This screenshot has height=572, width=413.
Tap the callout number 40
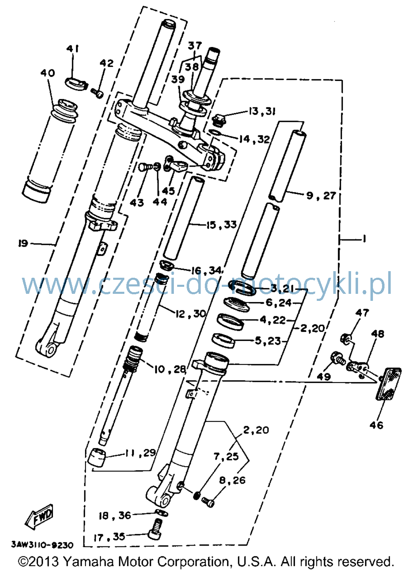pyautogui.click(x=48, y=73)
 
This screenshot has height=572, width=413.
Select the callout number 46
pyautogui.click(x=377, y=425)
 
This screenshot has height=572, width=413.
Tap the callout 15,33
pyautogui.click(x=222, y=225)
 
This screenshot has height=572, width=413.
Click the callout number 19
pyautogui.click(x=23, y=243)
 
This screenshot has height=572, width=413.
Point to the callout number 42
pyautogui.click(x=107, y=63)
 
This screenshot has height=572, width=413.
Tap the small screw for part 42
pyautogui.click(x=97, y=93)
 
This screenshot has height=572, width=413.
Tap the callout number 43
pyautogui.click(x=137, y=203)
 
